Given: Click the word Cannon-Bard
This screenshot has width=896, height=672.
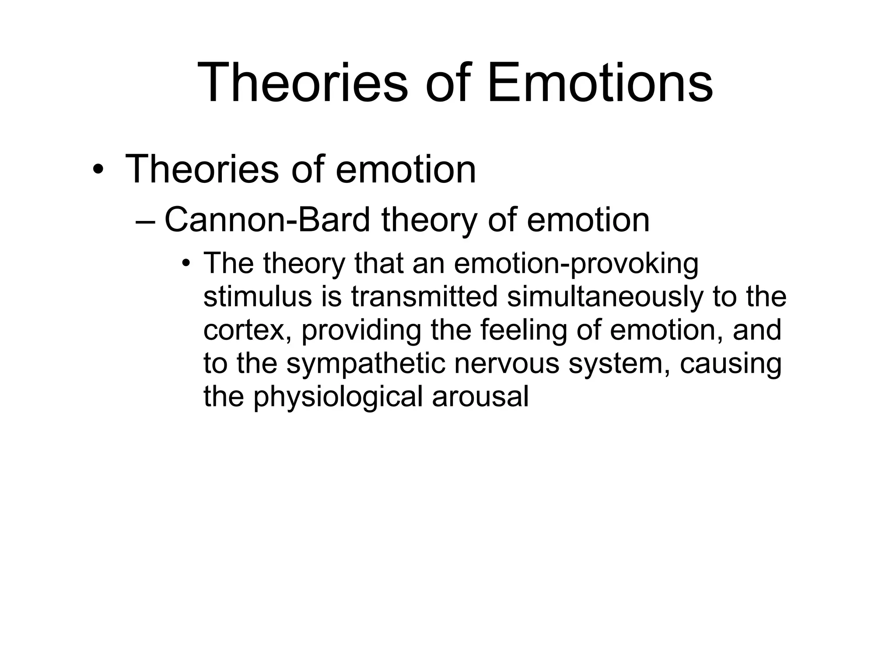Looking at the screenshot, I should pos(267,220).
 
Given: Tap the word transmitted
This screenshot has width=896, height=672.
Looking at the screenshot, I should pos(424,297).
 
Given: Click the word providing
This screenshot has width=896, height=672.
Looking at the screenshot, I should pos(361,331).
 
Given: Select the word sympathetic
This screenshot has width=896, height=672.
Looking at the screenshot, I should pos(365,364).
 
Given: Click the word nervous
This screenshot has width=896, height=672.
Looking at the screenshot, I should pos(507,364).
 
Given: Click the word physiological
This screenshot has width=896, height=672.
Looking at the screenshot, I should pos(338,397).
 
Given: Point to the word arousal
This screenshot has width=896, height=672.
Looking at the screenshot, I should pos(480,396).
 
